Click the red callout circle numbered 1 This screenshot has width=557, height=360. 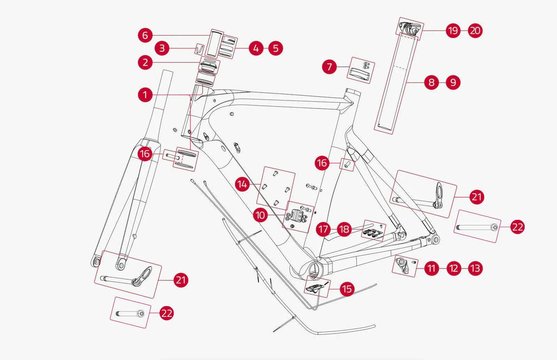point(145,95)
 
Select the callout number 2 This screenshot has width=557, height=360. point(145,63)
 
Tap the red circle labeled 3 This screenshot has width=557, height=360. point(162,48)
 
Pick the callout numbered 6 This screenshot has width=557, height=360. point(145,36)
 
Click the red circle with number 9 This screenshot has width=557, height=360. point(453,83)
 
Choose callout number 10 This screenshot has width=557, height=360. point(261,215)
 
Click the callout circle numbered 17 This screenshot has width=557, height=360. point(324,229)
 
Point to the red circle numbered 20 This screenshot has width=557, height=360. point(475,30)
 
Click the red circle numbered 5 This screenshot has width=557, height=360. point(276,48)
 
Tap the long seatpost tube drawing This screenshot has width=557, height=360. point(393,82)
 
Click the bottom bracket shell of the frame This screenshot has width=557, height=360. point(315,268)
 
